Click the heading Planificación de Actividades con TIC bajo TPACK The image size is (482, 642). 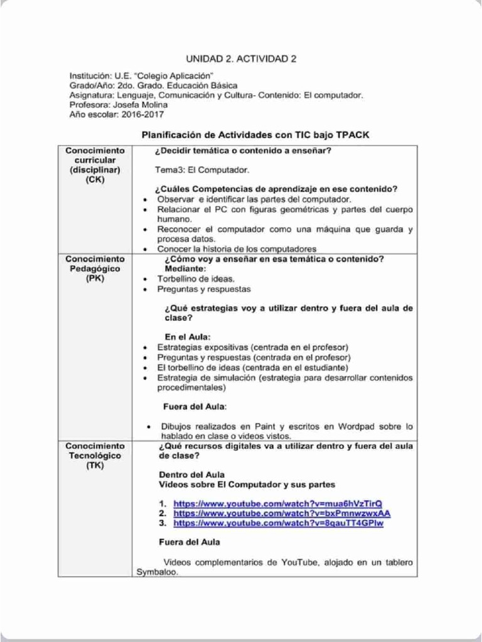(x=249, y=134)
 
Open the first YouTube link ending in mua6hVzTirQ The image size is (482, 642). (x=277, y=503)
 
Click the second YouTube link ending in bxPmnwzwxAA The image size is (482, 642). (x=282, y=513)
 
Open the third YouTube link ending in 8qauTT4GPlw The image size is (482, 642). (x=278, y=522)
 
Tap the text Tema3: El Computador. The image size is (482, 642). (x=202, y=170)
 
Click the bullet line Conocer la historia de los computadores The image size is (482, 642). (x=237, y=248)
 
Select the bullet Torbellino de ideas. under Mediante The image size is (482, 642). (x=196, y=278)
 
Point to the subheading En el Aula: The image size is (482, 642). (x=187, y=337)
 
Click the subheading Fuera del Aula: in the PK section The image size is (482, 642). (x=195, y=406)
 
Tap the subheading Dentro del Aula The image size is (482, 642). (x=191, y=475)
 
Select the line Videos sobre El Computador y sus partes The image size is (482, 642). (x=247, y=484)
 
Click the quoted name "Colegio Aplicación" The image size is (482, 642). (x=177, y=76)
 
